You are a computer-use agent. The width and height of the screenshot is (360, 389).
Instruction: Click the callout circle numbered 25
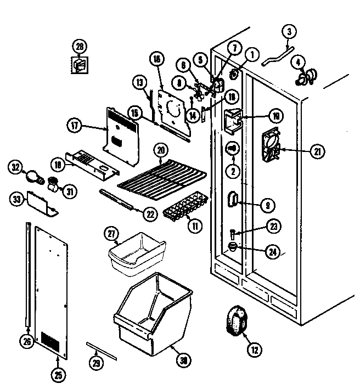coord(59,375)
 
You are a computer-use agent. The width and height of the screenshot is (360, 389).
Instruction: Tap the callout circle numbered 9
coord(267,206)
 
